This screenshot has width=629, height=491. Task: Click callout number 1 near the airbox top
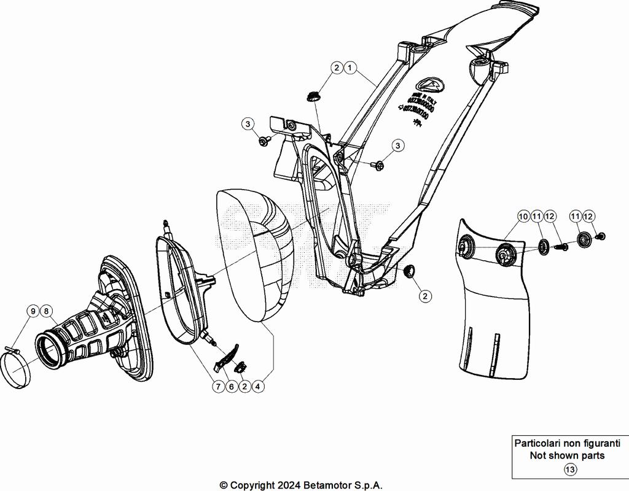point(350,68)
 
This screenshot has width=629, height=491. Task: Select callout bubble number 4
point(259,387)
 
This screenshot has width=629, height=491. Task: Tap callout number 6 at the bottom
point(232,387)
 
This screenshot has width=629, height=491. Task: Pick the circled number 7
point(218,387)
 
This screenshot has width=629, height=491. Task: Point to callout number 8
point(46,311)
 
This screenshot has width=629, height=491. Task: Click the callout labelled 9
point(32,311)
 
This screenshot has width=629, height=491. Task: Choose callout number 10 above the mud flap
point(523,216)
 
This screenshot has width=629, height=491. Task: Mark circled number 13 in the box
point(570,470)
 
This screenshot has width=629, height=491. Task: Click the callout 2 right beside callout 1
point(337,68)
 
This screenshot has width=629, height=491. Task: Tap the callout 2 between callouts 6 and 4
point(245,387)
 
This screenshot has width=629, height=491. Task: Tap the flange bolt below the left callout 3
point(264,142)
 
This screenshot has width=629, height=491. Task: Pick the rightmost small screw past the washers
point(603,236)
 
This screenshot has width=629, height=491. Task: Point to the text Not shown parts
point(567,455)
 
